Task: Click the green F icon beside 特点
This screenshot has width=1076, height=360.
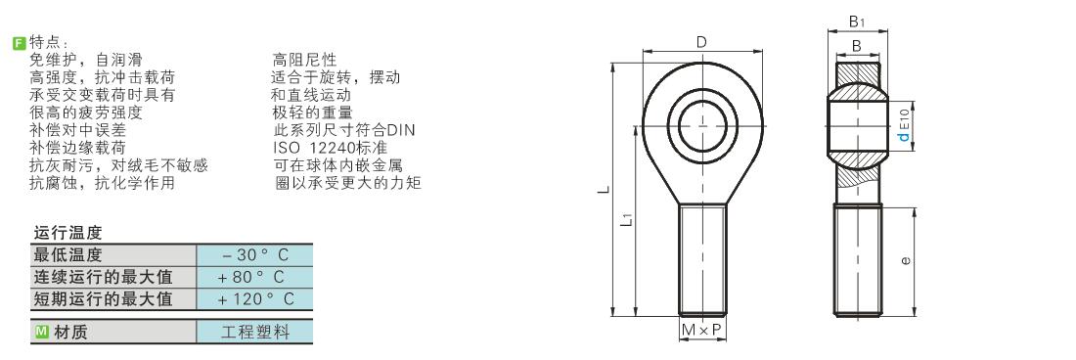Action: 20,42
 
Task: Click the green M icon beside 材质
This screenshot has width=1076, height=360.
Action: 41,332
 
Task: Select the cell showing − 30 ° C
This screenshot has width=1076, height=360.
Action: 254,255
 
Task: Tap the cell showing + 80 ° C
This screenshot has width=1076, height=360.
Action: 254,277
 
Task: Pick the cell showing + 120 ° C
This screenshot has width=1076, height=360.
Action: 254,299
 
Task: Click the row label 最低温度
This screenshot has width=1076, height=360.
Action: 67,255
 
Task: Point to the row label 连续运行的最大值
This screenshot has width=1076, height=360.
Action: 103,277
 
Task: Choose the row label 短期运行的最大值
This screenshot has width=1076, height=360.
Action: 103,299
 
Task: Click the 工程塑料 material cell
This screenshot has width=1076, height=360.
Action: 254,332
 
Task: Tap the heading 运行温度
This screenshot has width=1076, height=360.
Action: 67,233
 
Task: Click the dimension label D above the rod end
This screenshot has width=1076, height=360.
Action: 701,42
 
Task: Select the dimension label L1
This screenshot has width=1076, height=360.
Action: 625,219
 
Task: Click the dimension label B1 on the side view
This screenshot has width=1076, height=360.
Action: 857,22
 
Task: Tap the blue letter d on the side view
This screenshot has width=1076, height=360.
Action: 904,136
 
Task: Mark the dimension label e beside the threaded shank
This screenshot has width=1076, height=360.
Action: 906,260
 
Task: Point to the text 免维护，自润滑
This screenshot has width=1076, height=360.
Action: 86,60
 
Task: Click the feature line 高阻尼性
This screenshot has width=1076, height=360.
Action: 304,60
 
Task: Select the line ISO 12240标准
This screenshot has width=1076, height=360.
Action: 330,148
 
